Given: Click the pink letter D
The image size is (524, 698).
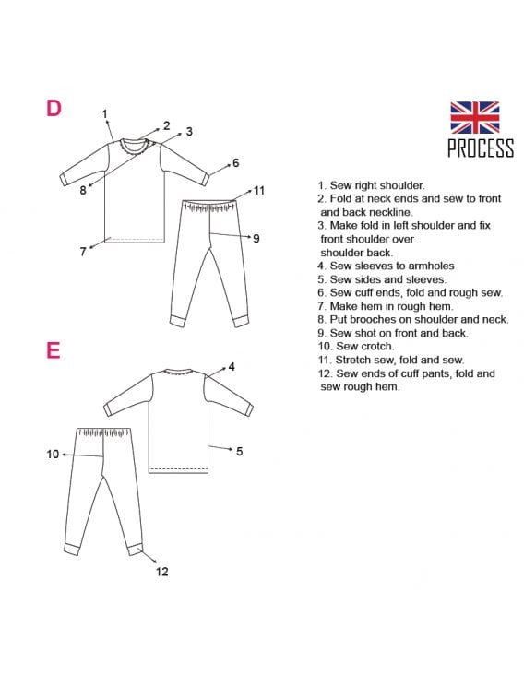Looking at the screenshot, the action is tap(54, 108).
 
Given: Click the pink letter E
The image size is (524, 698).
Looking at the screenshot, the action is tap(53, 350).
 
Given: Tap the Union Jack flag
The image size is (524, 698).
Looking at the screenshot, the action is tap(474, 117).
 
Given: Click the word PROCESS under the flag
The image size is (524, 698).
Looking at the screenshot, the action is tap(481, 148).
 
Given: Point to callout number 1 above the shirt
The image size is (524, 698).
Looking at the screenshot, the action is tap(104, 114).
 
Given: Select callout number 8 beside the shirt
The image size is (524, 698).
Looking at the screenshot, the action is tap(83, 190).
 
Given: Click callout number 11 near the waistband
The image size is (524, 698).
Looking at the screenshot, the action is tap(259, 191).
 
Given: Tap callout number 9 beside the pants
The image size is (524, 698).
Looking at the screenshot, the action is tap(256, 239).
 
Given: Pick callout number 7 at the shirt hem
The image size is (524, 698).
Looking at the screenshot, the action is tap(83, 252).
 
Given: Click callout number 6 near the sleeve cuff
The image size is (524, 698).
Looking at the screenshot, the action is tap(236, 163).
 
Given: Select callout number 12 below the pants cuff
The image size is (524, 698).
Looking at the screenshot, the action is tap(162, 572).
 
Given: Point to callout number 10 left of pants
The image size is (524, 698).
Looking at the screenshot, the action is tap(53, 454).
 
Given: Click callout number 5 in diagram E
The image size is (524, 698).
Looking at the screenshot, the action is tap(240, 452).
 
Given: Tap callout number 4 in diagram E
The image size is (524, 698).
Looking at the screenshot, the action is tap(232, 367).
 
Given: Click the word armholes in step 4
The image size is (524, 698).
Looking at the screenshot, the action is tap(432, 266).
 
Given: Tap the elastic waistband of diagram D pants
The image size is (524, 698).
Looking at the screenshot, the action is tap(208, 207).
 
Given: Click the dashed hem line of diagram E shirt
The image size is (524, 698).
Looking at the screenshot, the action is tap(179, 467).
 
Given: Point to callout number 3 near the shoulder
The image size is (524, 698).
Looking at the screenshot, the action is tap(189, 132).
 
